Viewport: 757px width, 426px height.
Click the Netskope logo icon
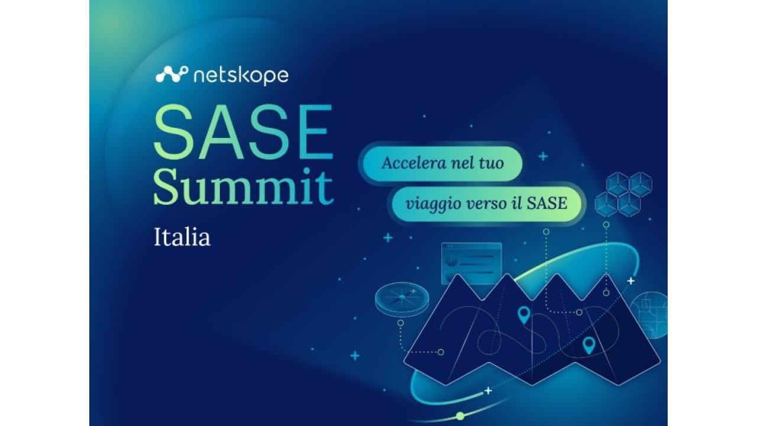pyautogui.click(x=172, y=75)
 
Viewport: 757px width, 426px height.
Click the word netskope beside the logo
pyautogui.click(x=241, y=76)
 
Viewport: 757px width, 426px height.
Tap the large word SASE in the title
pyautogui.click(x=243, y=132)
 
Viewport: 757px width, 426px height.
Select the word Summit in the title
pyautogui.click(x=244, y=188)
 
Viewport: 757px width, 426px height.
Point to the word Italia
pyautogui.click(x=182, y=237)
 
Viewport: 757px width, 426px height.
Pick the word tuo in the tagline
pyautogui.click(x=491, y=163)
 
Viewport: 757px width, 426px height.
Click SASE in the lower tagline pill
pyautogui.click(x=547, y=203)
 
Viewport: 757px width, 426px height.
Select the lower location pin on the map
pyautogui.click(x=588, y=346)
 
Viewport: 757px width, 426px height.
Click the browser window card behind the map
pyautogui.click(x=471, y=262)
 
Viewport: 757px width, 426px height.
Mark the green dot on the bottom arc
pyautogui.click(x=460, y=415)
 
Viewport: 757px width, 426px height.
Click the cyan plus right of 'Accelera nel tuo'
pyautogui.click(x=543, y=157)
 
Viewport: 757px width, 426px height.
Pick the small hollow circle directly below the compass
pyautogui.click(x=400, y=323)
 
